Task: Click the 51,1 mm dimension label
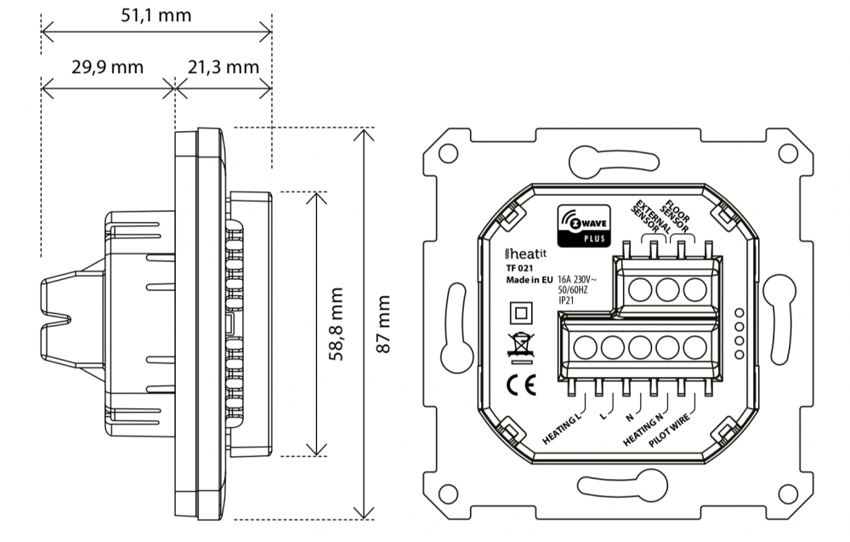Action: point(156,15)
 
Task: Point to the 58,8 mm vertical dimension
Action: point(337,324)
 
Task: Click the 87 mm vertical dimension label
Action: point(383,324)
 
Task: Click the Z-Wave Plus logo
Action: point(581,225)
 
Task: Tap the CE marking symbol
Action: point(518,384)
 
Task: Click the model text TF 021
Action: point(520,268)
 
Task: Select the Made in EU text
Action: point(529,279)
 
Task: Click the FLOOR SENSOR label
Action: point(678,216)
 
